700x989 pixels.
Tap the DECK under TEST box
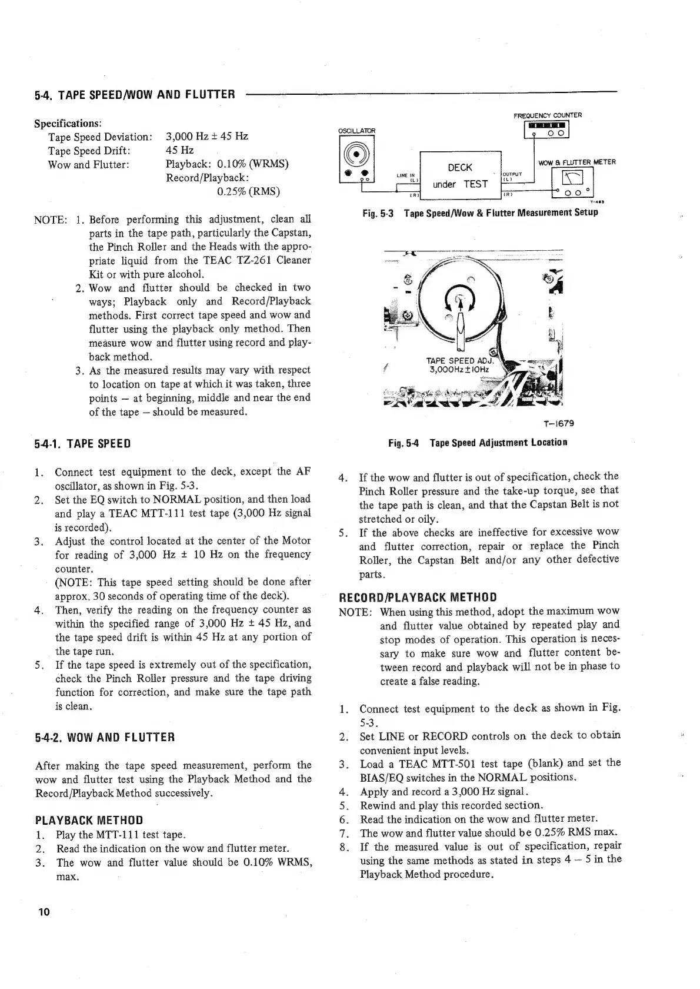coord(459,175)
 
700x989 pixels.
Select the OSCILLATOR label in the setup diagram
coord(356,131)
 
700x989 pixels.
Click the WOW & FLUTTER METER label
coord(576,162)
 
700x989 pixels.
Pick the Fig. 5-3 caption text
coord(479,212)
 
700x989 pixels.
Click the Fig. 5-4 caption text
coord(477,442)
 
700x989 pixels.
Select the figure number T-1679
coord(559,423)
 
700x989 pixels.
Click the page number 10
coord(44,912)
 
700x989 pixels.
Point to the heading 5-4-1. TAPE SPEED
coord(83,443)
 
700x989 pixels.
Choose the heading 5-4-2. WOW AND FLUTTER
coord(105,737)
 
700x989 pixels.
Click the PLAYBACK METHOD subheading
coord(89,820)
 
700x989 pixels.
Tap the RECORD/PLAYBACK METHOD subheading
coord(418,598)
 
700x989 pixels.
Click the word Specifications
coord(68,124)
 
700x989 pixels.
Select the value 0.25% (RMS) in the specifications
coord(248,191)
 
